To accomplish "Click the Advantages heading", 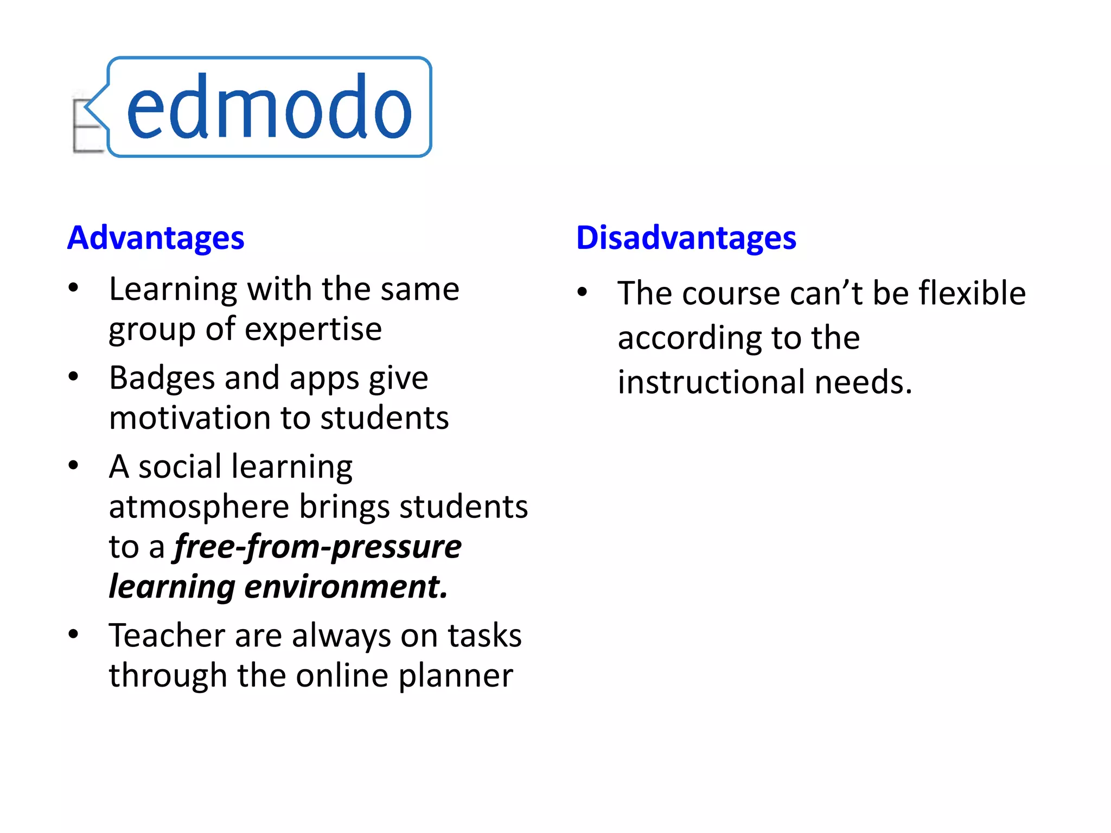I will pos(156,238).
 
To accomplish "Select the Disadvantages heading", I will pos(686,238).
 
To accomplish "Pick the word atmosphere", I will pos(199,507).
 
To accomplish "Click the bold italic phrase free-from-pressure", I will pos(318,547).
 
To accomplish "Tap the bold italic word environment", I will pos(346,587).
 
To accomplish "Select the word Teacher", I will pos(166,636).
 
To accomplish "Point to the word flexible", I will pos(972,293).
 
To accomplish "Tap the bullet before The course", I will pos(582,292).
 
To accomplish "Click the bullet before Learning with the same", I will pos(74,288).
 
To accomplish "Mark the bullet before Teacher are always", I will pos(74,634).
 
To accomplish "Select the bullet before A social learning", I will pos(74,465).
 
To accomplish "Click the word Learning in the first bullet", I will pos(173,290).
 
